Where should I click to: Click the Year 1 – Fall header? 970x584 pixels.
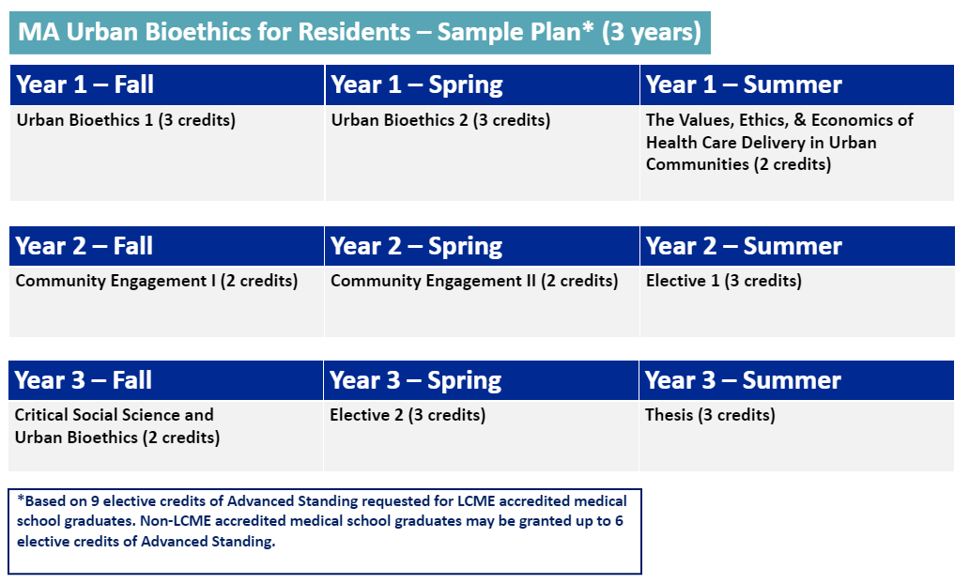85,85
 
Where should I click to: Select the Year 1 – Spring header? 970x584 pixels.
417,85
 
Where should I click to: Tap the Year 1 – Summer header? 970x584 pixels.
744,85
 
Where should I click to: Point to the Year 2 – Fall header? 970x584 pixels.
85,246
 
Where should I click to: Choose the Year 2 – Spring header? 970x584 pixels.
417,246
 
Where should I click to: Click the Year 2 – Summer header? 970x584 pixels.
744,246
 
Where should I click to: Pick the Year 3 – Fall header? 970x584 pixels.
85,380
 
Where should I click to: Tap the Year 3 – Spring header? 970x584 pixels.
417,380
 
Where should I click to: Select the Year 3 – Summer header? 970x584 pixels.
744,380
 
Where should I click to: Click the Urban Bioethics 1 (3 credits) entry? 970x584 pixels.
126,120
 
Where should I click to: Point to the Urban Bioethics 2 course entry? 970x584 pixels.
440,120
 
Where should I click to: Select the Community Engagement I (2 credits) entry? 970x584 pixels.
157,281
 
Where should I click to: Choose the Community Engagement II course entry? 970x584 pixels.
474,281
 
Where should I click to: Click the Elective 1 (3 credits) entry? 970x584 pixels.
723,281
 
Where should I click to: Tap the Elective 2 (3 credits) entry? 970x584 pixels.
408,415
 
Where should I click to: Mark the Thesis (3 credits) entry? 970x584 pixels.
710,415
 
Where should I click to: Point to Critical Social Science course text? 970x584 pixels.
115,415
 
